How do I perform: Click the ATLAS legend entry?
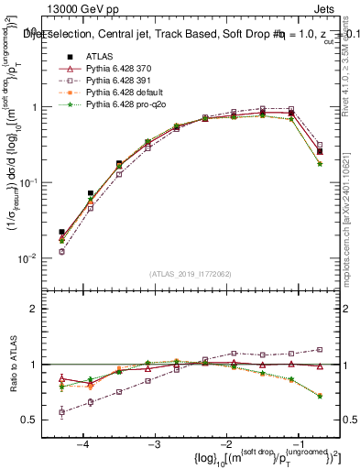[x=98, y=57]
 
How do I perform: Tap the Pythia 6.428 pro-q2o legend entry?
[x=123, y=104]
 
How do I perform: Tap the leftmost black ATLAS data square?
[x=61, y=233]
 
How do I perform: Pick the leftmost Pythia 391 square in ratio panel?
[x=61, y=412]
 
